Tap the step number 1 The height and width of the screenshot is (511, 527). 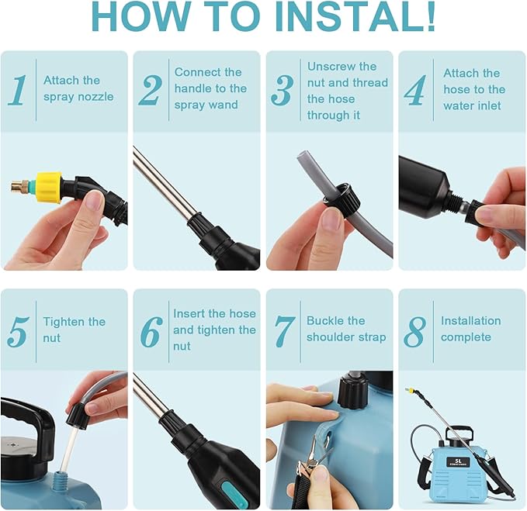[x=17, y=90]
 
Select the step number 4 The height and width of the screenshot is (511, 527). [x=414, y=90]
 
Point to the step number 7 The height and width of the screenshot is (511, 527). [x=285, y=330]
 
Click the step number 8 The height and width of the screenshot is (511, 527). [x=414, y=330]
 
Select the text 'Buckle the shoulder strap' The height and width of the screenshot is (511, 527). [x=345, y=329]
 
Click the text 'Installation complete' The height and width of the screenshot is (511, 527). [x=470, y=329]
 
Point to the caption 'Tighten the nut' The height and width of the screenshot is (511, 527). [x=74, y=330]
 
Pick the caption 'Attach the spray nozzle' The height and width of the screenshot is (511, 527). [x=78, y=88]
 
